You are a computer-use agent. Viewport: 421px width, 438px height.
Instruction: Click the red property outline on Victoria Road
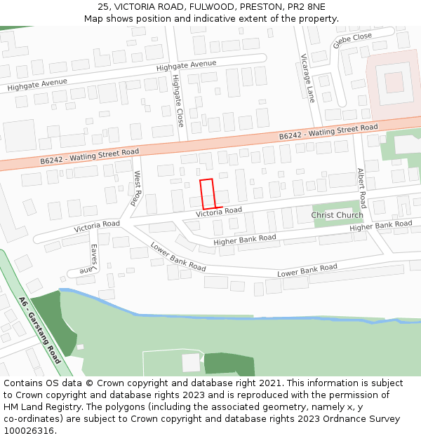click(207, 193)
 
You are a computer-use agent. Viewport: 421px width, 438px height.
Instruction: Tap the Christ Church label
click(338, 215)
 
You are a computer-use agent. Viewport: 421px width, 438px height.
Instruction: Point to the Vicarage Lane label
click(309, 78)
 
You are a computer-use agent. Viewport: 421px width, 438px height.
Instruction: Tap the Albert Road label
click(361, 188)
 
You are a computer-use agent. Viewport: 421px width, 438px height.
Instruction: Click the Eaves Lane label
click(89, 259)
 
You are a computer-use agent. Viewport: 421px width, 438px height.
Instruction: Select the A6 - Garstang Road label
click(40, 331)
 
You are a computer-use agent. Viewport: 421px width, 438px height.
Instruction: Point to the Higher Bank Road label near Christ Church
click(380, 226)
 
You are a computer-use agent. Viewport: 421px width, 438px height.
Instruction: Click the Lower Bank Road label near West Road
click(178, 258)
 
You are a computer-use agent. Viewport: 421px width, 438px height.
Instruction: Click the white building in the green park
click(191, 362)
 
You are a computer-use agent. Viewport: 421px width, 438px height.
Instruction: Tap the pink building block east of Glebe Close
click(394, 83)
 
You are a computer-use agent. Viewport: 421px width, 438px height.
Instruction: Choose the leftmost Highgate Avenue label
click(37, 84)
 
